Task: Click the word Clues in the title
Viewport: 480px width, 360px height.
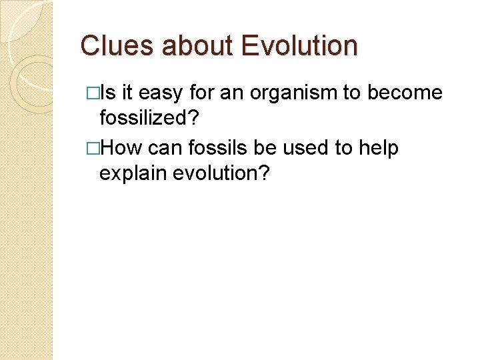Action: (x=117, y=46)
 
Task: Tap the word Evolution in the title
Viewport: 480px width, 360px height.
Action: (x=300, y=46)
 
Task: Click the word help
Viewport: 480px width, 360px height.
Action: (x=377, y=148)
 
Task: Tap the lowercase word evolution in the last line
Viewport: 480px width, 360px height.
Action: (x=215, y=174)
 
